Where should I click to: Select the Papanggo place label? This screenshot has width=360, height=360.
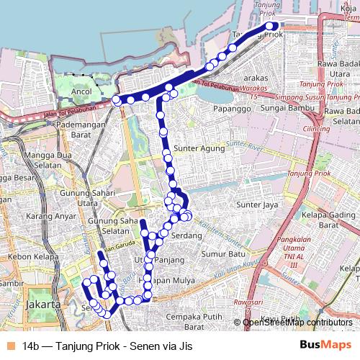tap(231, 109)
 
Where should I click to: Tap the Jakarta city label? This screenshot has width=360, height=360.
tap(42, 305)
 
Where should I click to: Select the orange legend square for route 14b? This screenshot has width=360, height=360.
tap(9, 346)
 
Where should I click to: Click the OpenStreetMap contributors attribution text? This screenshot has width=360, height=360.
tap(297, 323)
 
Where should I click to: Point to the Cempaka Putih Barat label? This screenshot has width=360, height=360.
tap(195, 321)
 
